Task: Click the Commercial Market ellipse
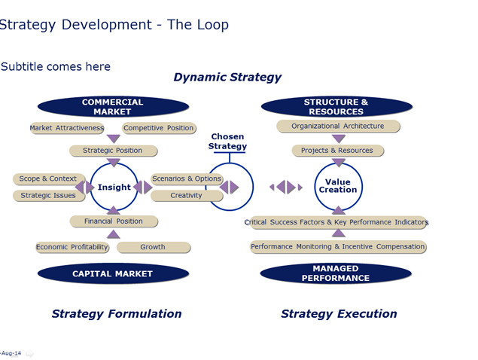click(113, 107)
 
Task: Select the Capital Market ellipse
click(113, 273)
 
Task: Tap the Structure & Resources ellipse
click(336, 107)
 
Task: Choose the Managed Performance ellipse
click(336, 273)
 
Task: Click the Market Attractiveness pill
click(67, 128)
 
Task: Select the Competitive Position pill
click(159, 128)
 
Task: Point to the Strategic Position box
click(114, 151)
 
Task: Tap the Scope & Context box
click(49, 178)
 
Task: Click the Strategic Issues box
click(49, 196)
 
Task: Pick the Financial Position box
click(114, 221)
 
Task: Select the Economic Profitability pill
click(72, 247)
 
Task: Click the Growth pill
click(154, 247)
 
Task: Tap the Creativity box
click(187, 196)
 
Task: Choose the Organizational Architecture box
click(338, 127)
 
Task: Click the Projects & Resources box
click(338, 151)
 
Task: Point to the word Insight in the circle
click(114, 187)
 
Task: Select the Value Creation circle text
click(338, 186)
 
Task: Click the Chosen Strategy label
click(227, 142)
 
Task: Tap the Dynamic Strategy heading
click(227, 78)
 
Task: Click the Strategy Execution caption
click(339, 314)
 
